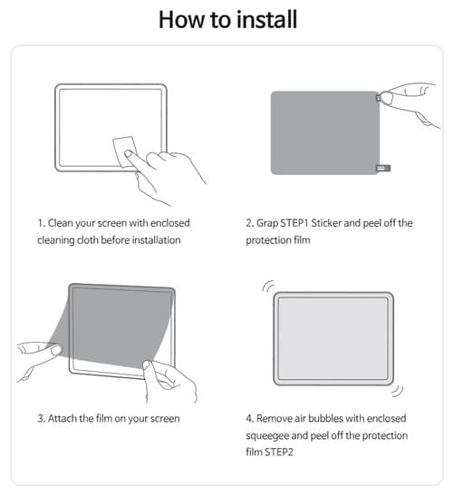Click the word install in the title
click(266, 19)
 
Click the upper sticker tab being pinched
click(379, 98)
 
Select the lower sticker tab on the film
click(383, 168)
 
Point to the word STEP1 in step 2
click(294, 223)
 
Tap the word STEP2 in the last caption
click(279, 452)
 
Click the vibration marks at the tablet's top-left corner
click(268, 287)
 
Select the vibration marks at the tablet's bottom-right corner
click(398, 391)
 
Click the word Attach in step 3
click(63, 419)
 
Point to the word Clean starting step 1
click(61, 223)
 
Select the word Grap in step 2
click(266, 224)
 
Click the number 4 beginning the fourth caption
click(249, 419)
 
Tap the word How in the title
click(181, 20)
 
